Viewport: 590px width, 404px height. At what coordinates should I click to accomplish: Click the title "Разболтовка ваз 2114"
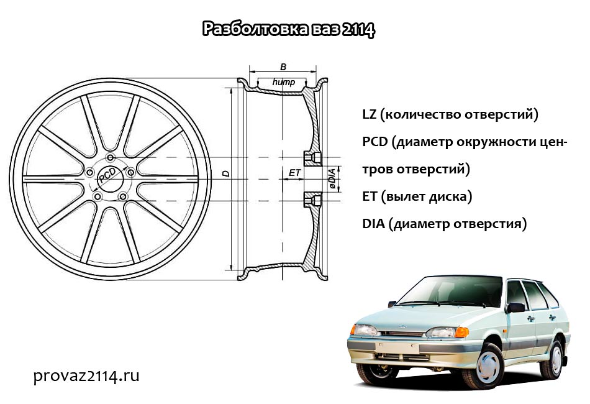pos(289,29)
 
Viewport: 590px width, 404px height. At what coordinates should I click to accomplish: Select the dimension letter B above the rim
pos(283,67)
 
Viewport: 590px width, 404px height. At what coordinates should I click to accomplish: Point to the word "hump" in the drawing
pos(284,82)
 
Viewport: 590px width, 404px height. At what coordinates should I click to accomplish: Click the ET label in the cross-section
pos(294,173)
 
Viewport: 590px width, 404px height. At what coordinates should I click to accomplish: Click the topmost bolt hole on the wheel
pos(111,157)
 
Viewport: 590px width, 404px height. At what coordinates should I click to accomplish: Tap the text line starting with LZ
pos(450,114)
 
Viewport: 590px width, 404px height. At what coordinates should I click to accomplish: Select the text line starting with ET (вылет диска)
pos(417,196)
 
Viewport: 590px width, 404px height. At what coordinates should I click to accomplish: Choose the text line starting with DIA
pos(444,224)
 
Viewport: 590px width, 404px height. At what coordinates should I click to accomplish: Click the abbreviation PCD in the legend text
pos(374,142)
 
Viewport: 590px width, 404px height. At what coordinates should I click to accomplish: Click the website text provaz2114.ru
pos(86,376)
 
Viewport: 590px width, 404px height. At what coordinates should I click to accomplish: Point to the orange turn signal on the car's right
pos(462,333)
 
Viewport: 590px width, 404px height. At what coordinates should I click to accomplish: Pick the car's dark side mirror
pos(515,308)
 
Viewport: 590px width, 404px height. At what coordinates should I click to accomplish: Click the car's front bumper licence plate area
pos(397,348)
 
